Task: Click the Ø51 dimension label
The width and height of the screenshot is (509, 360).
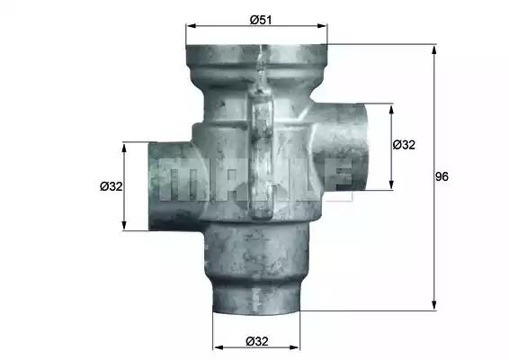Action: (261, 20)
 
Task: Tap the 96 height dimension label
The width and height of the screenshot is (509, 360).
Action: (442, 176)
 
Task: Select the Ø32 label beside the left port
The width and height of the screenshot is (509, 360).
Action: (112, 186)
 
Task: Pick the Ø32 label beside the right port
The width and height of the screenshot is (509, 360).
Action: (404, 145)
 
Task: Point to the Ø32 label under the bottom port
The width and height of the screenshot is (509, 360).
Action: (257, 341)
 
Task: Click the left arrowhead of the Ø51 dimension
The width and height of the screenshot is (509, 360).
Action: (191, 26)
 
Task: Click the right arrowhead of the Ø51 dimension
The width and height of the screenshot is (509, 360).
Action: (322, 26)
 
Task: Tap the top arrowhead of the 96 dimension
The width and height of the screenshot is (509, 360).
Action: (433, 50)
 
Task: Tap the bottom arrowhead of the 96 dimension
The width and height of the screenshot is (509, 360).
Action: (433, 305)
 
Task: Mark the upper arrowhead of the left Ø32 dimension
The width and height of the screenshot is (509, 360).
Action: (124, 148)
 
